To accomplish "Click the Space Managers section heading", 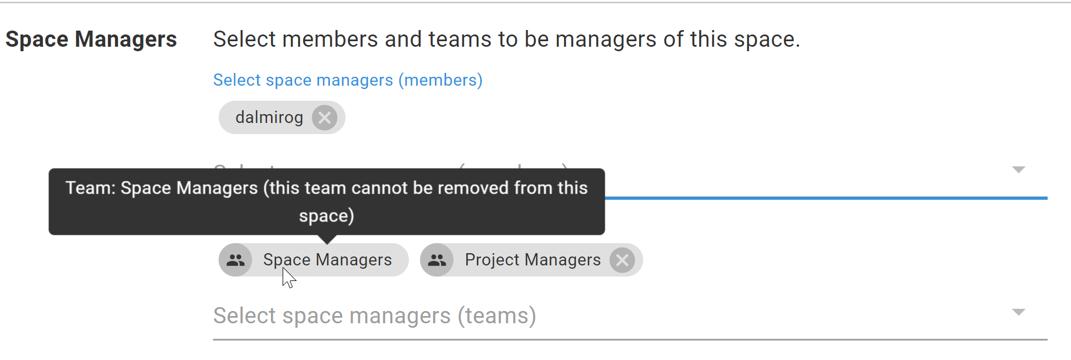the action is point(91,40).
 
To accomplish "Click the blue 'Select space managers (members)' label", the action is point(348,80).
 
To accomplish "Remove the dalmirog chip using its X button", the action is point(324,118).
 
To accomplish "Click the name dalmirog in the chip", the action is point(269,117).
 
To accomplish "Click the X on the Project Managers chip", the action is point(622,260).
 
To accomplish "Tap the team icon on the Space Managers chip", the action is point(235,260).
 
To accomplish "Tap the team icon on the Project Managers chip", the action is point(437,260).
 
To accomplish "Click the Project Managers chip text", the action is point(532,260).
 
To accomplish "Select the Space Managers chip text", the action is point(327,260).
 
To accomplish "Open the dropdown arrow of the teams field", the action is point(1018,312).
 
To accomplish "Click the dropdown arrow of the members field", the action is point(1018,170).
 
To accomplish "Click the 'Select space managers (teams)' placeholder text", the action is point(374,316).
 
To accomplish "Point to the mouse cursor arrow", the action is point(288,277).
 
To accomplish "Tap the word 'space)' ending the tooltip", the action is point(327,216).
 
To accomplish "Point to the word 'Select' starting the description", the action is point(244,40).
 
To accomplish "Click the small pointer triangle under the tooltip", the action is point(327,239).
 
